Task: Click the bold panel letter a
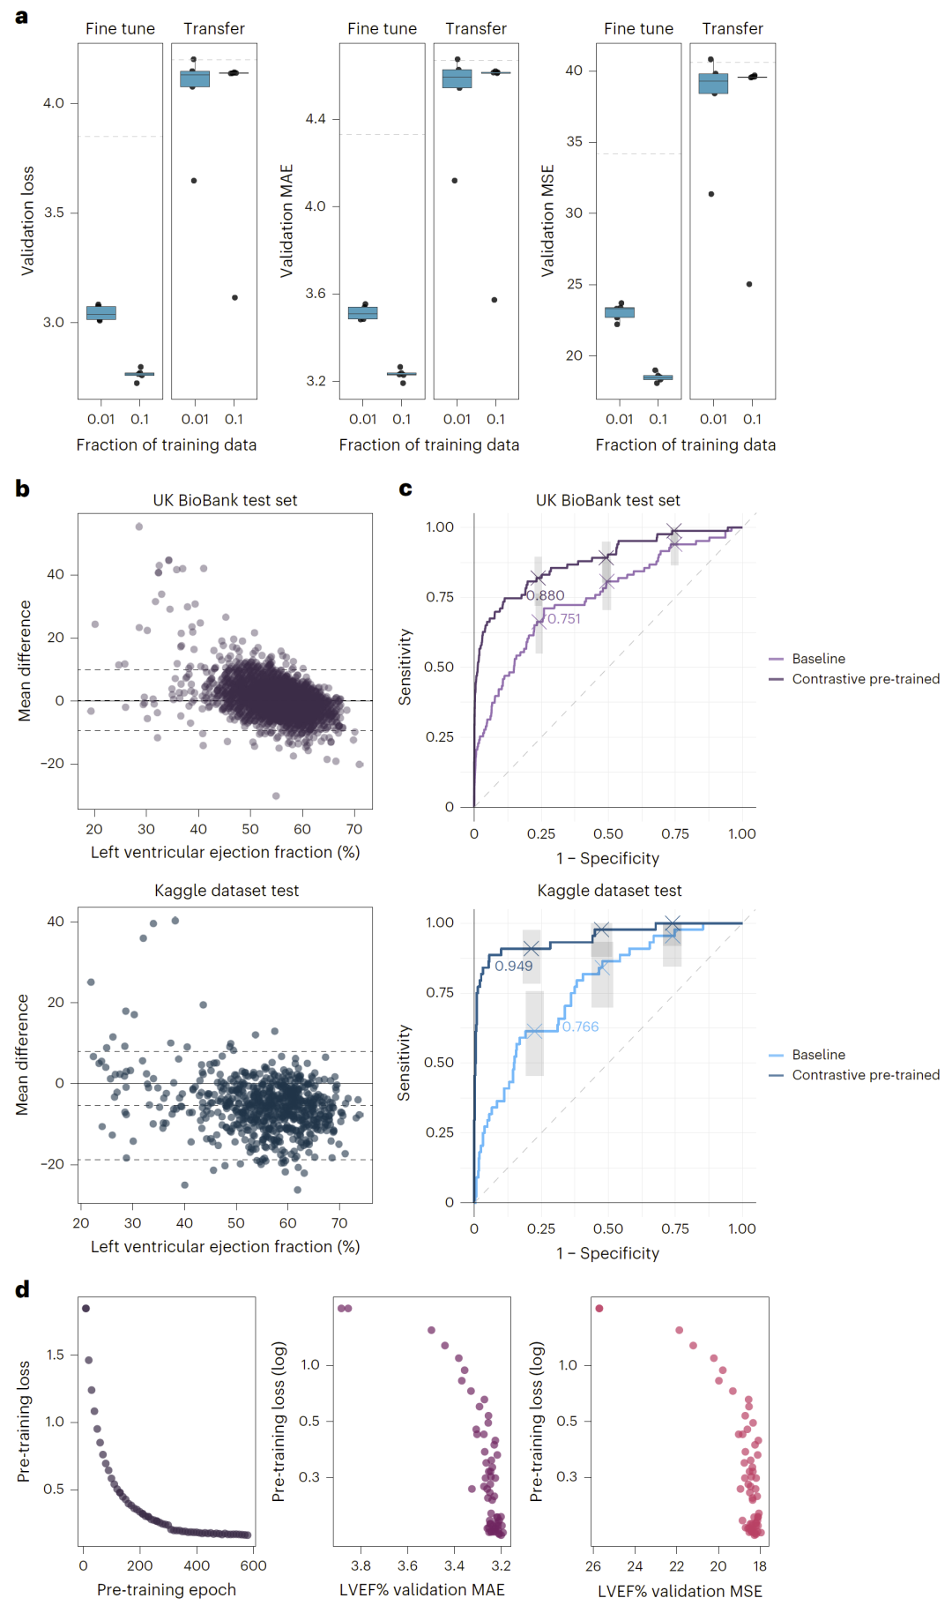(x=22, y=17)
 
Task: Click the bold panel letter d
(x=22, y=1289)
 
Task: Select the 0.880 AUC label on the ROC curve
(x=546, y=595)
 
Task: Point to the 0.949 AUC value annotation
(x=513, y=966)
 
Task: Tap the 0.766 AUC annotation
(x=580, y=1027)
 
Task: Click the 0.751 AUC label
(x=564, y=619)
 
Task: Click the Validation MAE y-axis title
(x=286, y=220)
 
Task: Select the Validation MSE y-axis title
(x=548, y=220)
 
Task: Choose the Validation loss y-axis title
(x=27, y=220)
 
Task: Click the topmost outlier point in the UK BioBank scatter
(x=139, y=526)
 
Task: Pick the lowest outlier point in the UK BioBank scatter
(x=276, y=795)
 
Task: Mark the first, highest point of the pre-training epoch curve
(x=86, y=1308)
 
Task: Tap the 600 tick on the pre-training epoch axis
(x=253, y=1566)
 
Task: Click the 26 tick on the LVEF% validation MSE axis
(x=593, y=1566)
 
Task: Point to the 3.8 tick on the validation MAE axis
(x=361, y=1566)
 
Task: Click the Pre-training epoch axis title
(x=167, y=1590)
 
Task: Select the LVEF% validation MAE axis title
(x=422, y=1590)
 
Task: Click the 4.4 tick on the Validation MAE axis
(x=316, y=119)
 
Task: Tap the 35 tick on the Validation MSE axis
(x=574, y=142)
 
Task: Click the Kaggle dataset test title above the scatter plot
(x=227, y=891)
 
